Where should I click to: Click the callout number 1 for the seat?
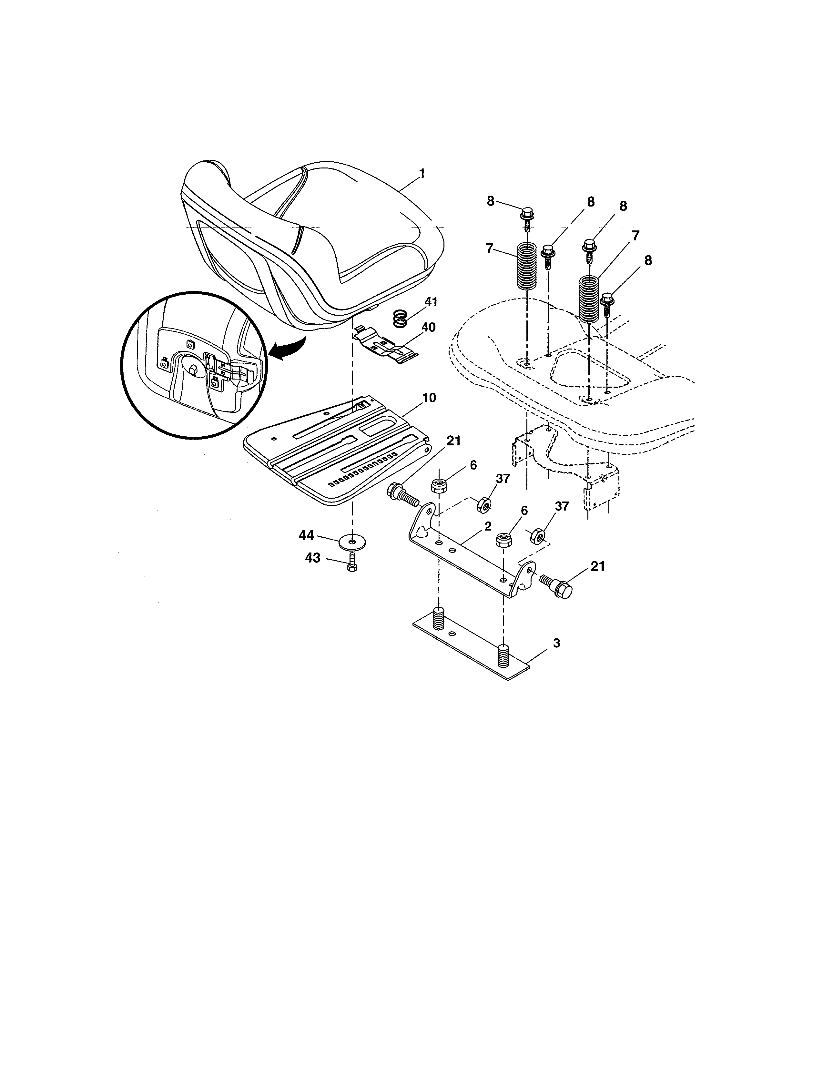coord(422,174)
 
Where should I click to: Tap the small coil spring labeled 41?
coord(400,319)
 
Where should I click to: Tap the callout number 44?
coord(306,535)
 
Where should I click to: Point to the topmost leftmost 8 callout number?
coord(491,201)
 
